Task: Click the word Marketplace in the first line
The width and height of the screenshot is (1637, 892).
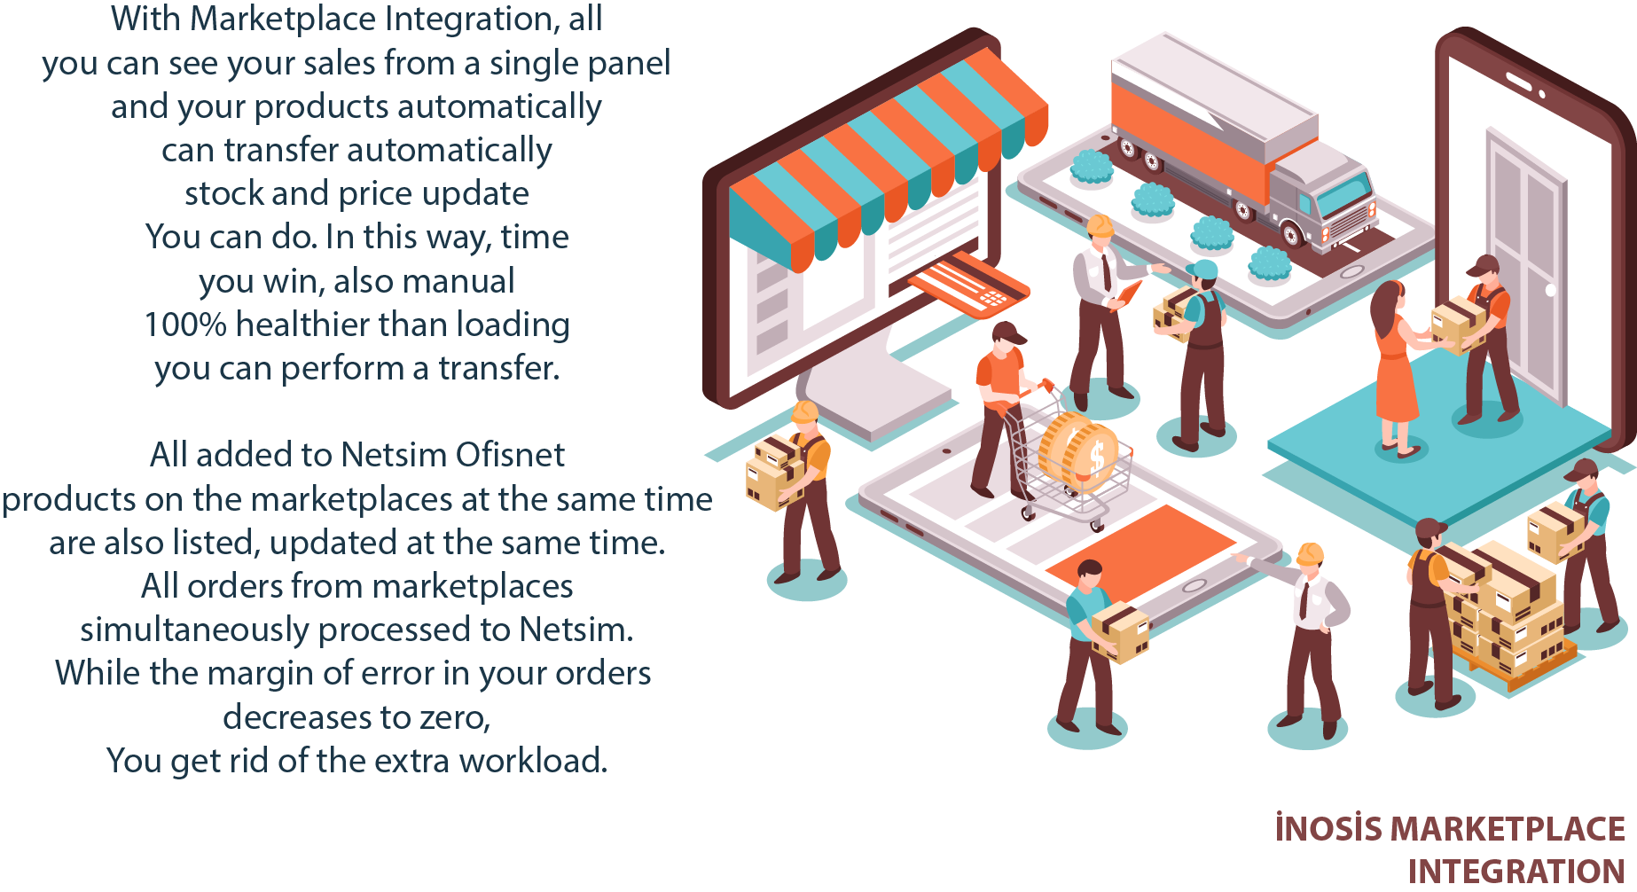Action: [285, 20]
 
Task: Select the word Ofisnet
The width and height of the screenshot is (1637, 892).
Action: [510, 455]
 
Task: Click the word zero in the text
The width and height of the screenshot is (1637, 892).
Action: [454, 716]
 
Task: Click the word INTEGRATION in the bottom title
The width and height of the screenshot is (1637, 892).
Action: [1516, 872]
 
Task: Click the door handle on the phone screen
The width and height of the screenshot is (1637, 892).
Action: [1550, 290]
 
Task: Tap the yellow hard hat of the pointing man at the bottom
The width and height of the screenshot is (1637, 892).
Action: [1310, 555]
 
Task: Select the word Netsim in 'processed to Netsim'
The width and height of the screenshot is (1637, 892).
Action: [576, 630]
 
